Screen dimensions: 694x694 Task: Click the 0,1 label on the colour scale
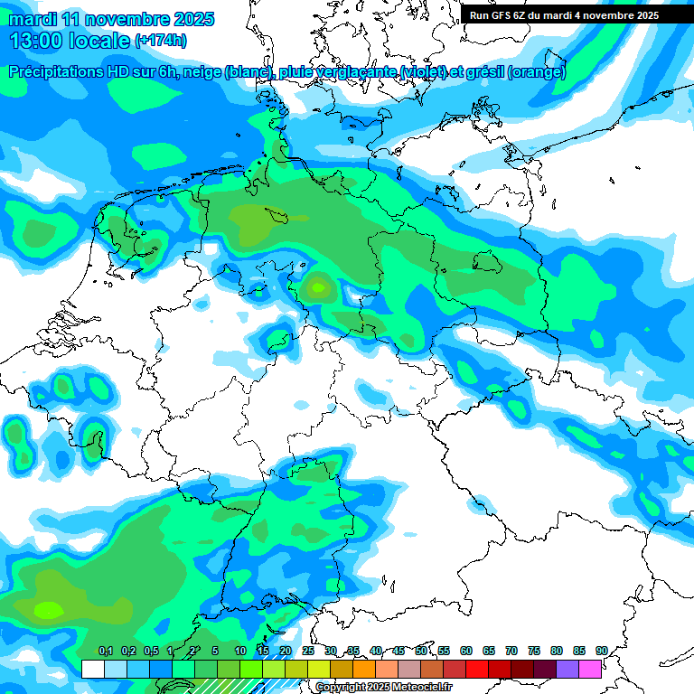[x=105, y=651]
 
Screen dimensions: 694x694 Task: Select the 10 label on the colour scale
[x=239, y=651]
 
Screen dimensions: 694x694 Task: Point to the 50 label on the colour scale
[x=421, y=651]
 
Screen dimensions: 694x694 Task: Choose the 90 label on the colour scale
[x=601, y=651]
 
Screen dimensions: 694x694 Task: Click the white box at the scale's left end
[x=92, y=669]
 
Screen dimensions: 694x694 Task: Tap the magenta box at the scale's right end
[x=590, y=669]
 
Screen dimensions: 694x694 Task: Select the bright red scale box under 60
[x=477, y=669]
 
